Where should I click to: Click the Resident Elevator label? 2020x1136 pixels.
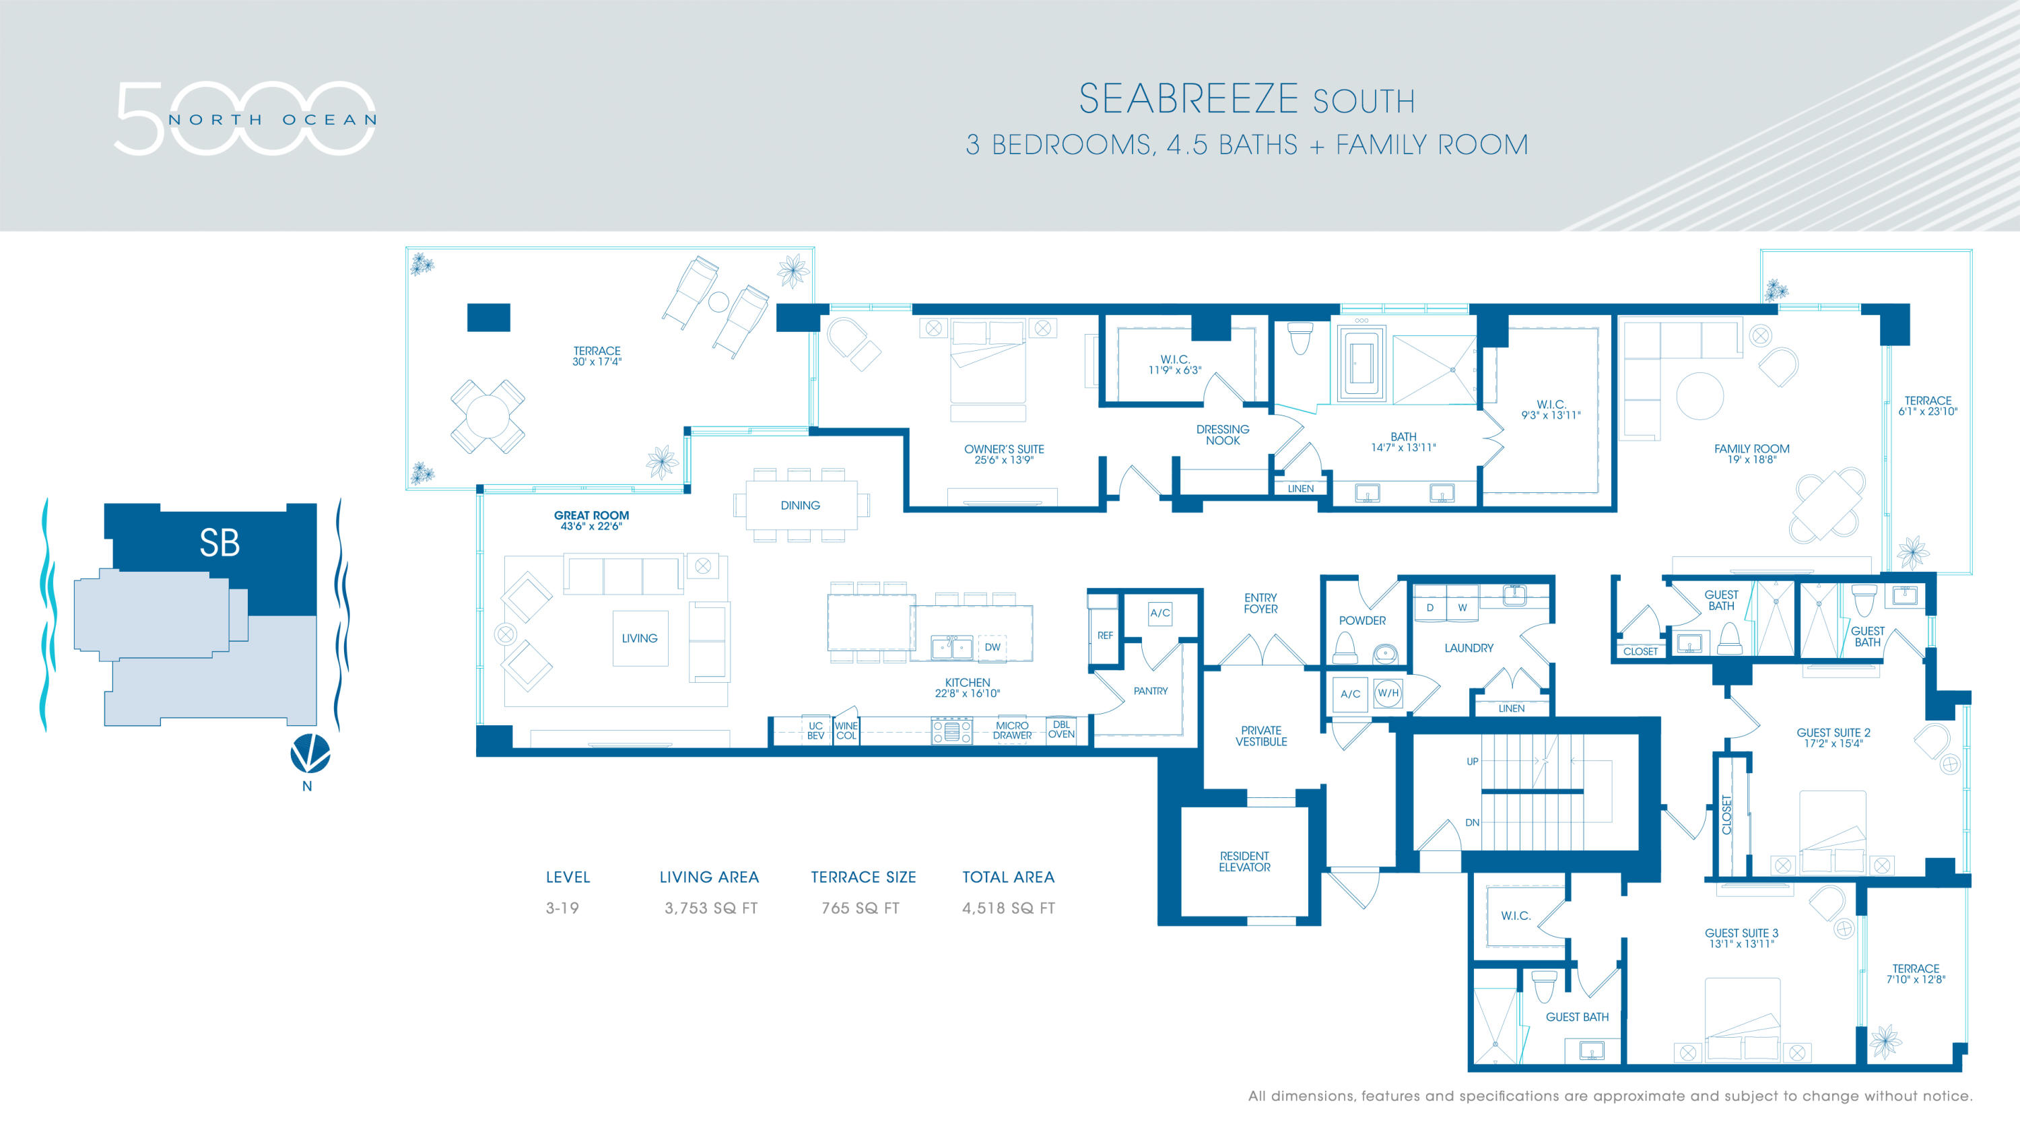click(x=1244, y=862)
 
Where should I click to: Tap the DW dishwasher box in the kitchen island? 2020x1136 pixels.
click(x=992, y=648)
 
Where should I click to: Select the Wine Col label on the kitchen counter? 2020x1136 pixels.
click(x=846, y=731)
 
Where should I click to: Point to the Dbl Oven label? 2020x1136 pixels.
click(x=1061, y=730)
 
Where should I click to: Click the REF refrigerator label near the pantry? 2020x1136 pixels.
click(x=1105, y=636)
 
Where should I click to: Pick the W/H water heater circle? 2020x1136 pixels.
click(x=1388, y=693)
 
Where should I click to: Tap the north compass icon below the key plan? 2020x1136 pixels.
click(x=310, y=754)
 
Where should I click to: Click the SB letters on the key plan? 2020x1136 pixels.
click(x=220, y=543)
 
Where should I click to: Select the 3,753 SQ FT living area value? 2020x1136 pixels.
click(x=710, y=908)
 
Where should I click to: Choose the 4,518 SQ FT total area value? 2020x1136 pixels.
click(x=1009, y=908)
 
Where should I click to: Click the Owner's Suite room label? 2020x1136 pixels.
click(x=1004, y=455)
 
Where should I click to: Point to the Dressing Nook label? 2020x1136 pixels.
click(x=1223, y=435)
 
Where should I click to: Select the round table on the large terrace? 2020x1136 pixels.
click(x=487, y=416)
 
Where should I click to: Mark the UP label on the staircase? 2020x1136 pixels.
click(x=1472, y=761)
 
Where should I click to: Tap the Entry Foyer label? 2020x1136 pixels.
click(x=1260, y=603)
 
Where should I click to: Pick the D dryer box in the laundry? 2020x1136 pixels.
click(x=1429, y=607)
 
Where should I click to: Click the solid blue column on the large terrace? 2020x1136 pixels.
click(x=489, y=318)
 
